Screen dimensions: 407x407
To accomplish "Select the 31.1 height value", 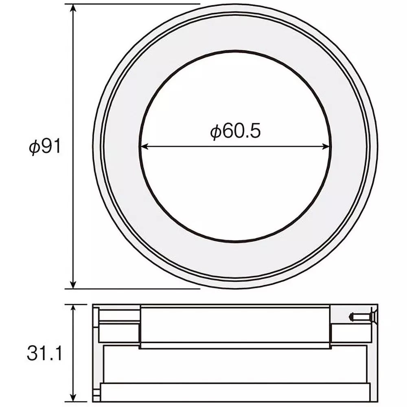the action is coord(45,353).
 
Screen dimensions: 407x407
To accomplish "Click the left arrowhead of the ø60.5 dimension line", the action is coord(144,147).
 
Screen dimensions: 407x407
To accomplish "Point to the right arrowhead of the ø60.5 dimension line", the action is coord(326,147).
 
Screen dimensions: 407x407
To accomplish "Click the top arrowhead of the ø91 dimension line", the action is coord(73,8).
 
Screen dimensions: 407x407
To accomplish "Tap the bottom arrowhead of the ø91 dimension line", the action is coord(73,284).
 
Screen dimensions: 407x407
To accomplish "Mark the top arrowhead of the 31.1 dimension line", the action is coord(73,309).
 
